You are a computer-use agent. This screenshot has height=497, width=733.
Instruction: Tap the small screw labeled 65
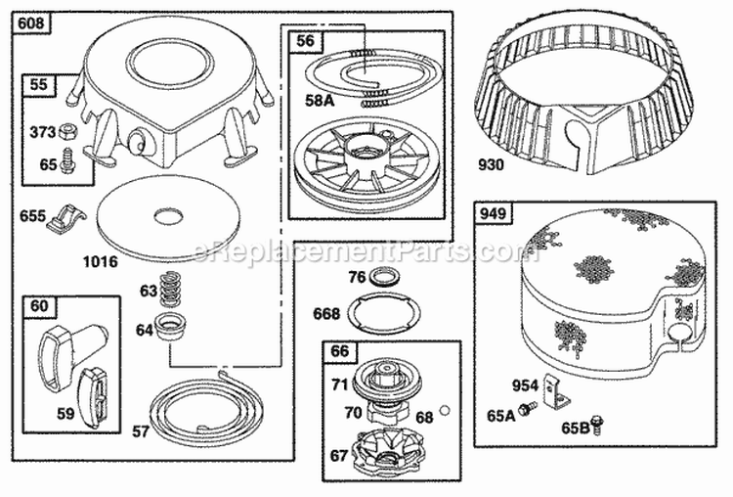[x=67, y=163]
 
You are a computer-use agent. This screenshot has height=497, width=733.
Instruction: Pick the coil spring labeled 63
[x=174, y=289]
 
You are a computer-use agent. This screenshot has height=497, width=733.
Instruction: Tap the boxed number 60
[x=39, y=307]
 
